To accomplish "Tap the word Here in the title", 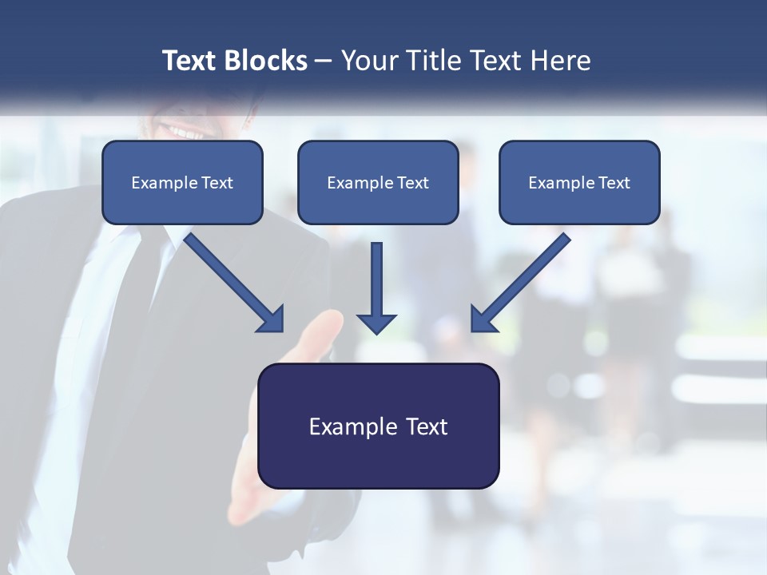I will coord(560,61).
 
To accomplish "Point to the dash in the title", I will coord(323,61).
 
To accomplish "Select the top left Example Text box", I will coord(182,182).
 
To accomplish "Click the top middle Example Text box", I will coord(378,182).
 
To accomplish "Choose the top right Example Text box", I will coord(579,182).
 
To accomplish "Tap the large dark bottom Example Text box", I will coord(378,426).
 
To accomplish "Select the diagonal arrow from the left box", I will coord(232,280).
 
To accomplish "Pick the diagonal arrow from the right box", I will coord(523,280).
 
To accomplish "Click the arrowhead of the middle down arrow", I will coord(376,323).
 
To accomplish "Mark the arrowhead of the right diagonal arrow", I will coord(483,319).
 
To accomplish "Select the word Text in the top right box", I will coord(614,183).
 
